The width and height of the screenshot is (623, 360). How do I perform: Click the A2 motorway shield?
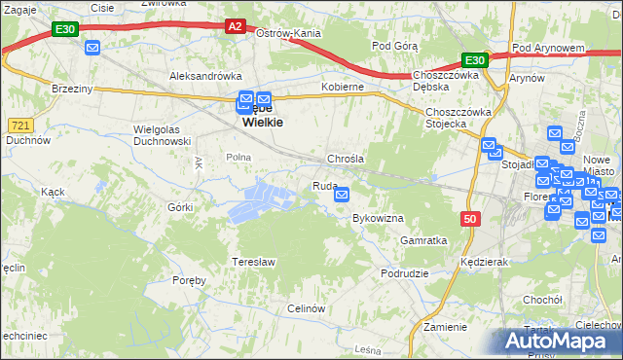pyautogui.click(x=235, y=27)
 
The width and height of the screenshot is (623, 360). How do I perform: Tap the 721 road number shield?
pyautogui.click(x=19, y=125)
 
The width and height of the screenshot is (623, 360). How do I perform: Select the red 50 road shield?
pyautogui.click(x=471, y=220)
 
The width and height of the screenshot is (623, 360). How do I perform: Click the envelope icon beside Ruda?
pyautogui.click(x=342, y=196)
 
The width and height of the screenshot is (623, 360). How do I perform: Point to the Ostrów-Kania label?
pyautogui.click(x=288, y=33)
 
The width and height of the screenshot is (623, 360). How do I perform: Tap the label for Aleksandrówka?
pyautogui.click(x=205, y=75)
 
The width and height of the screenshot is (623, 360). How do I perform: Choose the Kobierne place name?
pyautogui.click(x=343, y=87)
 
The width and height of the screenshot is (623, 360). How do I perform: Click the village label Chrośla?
pyautogui.click(x=346, y=158)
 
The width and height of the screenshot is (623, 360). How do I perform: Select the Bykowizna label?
pyautogui.click(x=378, y=218)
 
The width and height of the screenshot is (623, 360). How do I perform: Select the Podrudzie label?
pyautogui.click(x=405, y=273)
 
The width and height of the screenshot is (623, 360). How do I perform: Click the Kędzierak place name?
pyautogui.click(x=487, y=263)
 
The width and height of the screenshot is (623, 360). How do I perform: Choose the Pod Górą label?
pyautogui.click(x=394, y=46)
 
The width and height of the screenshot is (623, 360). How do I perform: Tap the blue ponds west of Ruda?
pyautogui.click(x=261, y=200)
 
